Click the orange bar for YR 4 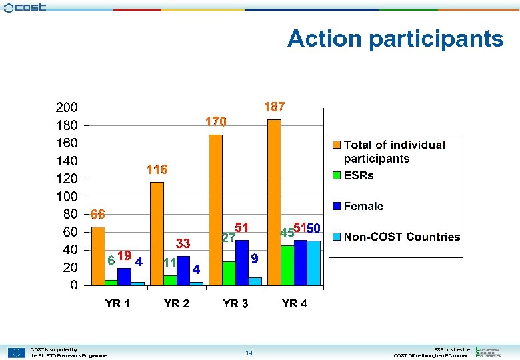274,203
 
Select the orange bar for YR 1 98,256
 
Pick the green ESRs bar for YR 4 287,265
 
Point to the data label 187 274,107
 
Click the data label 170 215,122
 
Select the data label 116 157,170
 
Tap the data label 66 98,215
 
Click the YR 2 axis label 177,304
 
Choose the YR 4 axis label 295,304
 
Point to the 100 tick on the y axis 66,197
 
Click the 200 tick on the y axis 66,107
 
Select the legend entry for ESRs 359,176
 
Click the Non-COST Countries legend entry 401,237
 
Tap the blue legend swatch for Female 337,207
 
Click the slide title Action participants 395,39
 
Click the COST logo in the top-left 25,7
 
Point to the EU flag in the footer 17,353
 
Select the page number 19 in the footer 248,353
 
